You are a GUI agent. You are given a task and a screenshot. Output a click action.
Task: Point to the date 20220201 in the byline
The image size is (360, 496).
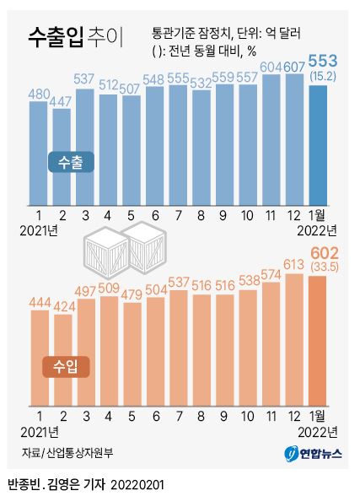(137, 484)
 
